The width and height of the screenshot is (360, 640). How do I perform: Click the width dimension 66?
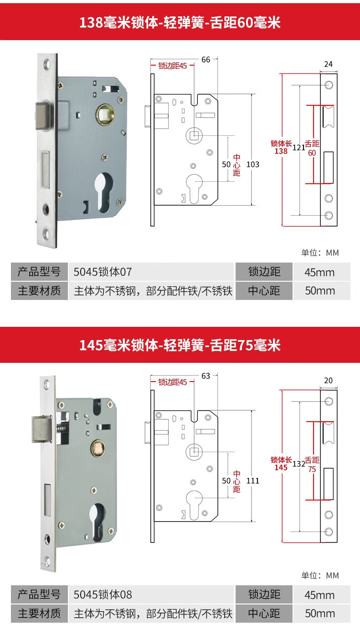pyautogui.click(x=206, y=60)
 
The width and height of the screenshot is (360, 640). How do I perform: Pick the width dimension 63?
pyautogui.click(x=206, y=376)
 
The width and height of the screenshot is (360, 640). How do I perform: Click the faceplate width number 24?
pyautogui.click(x=328, y=64)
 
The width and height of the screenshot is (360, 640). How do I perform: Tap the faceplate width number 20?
pyautogui.click(x=328, y=381)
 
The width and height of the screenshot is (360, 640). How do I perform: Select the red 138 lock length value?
pyautogui.click(x=281, y=151)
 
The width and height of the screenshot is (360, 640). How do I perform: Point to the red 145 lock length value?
pyautogui.click(x=281, y=467)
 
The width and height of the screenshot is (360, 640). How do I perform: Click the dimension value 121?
pyautogui.click(x=299, y=147)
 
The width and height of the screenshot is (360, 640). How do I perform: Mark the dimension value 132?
pyautogui.click(x=299, y=464)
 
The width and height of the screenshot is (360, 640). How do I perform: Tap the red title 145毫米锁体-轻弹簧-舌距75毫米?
pyautogui.click(x=180, y=345)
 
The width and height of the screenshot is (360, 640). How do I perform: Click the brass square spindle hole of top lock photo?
pyautogui.click(x=104, y=114)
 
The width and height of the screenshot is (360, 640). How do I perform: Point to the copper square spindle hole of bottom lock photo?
pyautogui.click(x=97, y=449)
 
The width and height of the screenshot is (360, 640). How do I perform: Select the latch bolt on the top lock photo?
pyautogui.click(x=44, y=117)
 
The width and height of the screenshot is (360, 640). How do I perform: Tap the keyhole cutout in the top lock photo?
pyautogui.click(x=104, y=191)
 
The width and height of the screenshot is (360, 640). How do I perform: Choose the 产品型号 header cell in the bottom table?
pyautogui.click(x=39, y=594)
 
